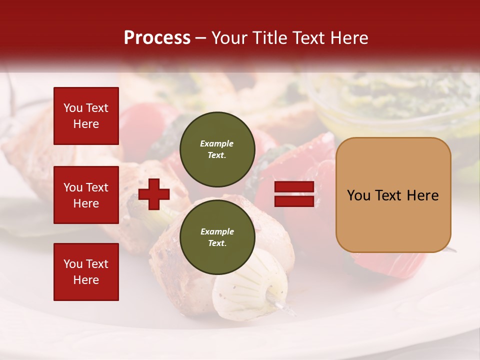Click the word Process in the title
click(x=157, y=38)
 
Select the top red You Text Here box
click(x=86, y=116)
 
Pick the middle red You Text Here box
click(x=86, y=195)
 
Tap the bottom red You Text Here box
click(x=86, y=272)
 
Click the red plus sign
click(x=154, y=194)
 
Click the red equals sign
click(x=294, y=194)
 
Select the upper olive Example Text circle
click(x=217, y=149)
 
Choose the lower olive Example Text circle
click(x=217, y=237)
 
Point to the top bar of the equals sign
click(x=294, y=187)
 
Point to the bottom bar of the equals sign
click(x=294, y=201)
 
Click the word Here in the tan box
click(x=422, y=195)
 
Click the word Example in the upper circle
click(x=216, y=143)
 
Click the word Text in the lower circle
click(x=216, y=243)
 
